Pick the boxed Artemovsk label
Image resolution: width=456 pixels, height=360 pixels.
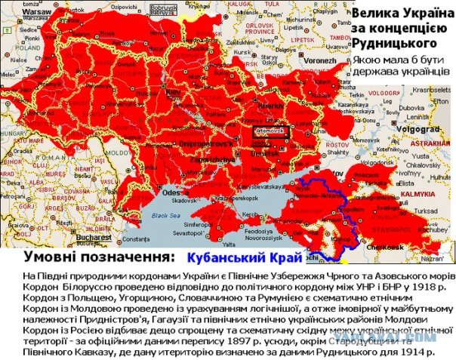[x=271, y=130]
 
